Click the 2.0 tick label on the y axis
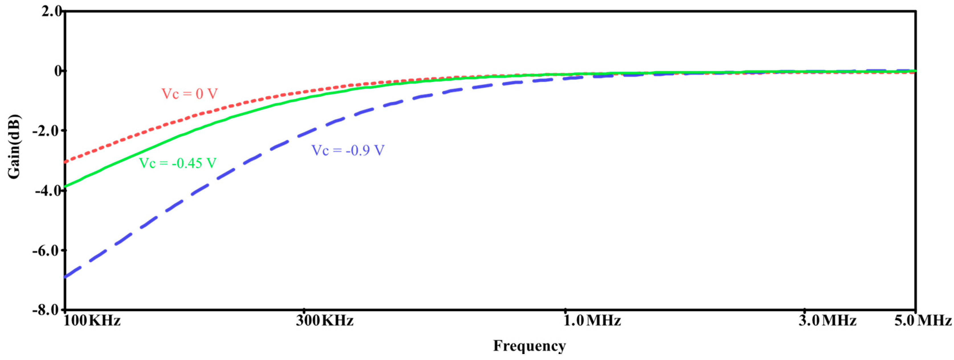[x=52, y=11]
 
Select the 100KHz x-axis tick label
[x=92, y=320]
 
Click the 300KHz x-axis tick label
[x=324, y=320]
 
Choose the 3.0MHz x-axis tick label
[x=827, y=320]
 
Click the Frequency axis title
[x=529, y=346]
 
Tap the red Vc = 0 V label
[x=189, y=94]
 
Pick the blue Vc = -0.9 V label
[x=348, y=150]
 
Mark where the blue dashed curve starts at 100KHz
[x=66, y=277]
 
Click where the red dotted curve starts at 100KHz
[x=66, y=162]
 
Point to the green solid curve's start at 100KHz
[x=66, y=186]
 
